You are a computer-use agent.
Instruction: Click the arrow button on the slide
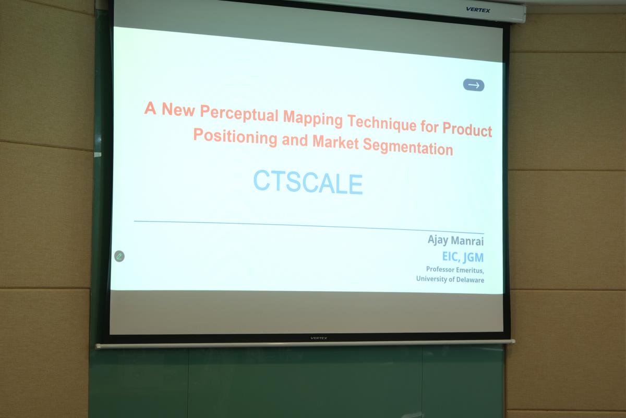(x=474, y=85)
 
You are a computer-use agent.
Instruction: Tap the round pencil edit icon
(x=119, y=256)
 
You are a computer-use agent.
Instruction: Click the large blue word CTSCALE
(x=308, y=182)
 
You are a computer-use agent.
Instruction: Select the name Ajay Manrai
(x=455, y=240)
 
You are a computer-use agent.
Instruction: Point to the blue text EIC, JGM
(x=463, y=257)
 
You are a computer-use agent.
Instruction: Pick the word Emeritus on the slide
(x=470, y=270)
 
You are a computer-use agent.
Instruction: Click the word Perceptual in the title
(x=239, y=114)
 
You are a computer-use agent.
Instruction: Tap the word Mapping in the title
(x=312, y=119)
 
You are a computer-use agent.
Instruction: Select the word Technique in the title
(x=382, y=123)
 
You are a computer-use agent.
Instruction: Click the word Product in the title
(x=467, y=129)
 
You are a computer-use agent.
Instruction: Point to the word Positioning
(x=235, y=136)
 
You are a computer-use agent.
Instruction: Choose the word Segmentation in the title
(x=408, y=147)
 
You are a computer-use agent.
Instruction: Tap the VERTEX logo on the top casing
(x=478, y=10)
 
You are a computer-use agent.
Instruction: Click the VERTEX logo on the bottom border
(x=319, y=338)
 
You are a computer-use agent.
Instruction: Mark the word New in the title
(x=178, y=109)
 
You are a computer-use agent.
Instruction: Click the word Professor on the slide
(x=440, y=269)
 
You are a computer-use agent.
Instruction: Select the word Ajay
(x=438, y=240)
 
